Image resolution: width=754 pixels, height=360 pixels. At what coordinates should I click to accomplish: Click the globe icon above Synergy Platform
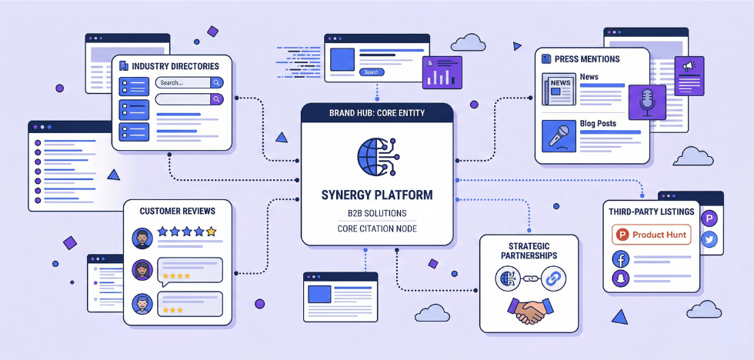click(376, 156)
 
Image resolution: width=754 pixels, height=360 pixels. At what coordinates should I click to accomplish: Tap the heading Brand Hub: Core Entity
click(376, 113)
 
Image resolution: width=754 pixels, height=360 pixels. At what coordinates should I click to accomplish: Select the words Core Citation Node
click(376, 229)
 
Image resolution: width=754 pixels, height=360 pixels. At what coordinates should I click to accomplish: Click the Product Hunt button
click(651, 235)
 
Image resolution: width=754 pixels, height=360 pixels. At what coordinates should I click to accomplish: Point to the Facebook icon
click(621, 259)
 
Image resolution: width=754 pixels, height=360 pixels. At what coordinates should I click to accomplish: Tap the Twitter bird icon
click(709, 239)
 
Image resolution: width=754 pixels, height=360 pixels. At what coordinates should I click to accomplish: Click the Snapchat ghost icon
click(621, 280)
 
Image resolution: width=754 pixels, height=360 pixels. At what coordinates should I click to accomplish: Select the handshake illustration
click(529, 310)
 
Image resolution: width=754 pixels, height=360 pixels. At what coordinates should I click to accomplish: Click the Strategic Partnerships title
click(529, 250)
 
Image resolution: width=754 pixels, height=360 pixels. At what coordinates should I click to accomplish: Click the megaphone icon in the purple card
click(689, 67)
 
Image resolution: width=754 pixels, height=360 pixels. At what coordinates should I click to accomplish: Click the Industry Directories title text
click(175, 66)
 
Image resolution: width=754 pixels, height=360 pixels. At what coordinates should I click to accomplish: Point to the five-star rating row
click(186, 231)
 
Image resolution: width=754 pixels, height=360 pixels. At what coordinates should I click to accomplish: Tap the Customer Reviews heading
click(177, 211)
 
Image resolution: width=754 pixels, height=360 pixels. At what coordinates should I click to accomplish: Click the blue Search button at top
click(372, 72)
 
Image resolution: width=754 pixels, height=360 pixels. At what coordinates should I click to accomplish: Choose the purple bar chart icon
click(442, 75)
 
